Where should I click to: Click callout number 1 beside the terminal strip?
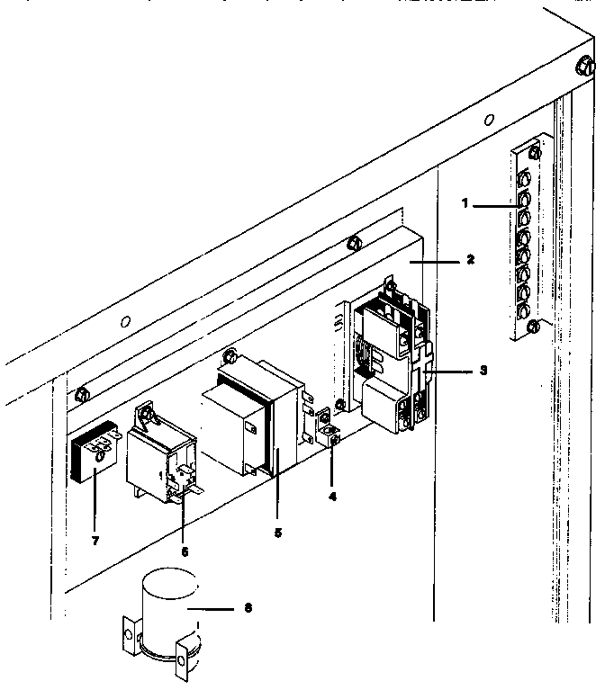(465, 204)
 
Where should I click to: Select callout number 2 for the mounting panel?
(469, 259)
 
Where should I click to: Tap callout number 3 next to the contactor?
(483, 370)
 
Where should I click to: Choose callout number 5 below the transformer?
(277, 533)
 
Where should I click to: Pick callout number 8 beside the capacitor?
(249, 607)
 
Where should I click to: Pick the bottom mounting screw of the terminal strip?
(532, 325)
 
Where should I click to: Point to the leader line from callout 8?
(216, 607)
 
